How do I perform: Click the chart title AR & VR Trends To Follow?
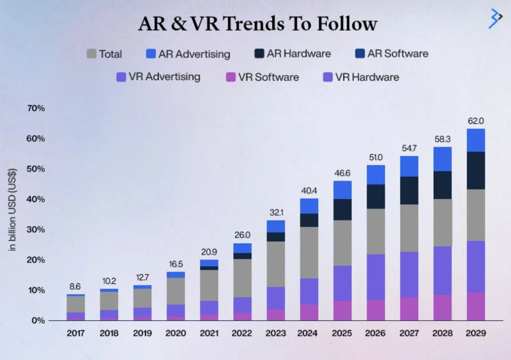[x=257, y=24]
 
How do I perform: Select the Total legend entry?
[x=104, y=54]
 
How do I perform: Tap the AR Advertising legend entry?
[x=188, y=54]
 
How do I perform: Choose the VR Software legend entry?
[x=262, y=77]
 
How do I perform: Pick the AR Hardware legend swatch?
[x=259, y=54]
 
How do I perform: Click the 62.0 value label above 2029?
[x=475, y=120]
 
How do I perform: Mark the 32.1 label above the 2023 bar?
[x=276, y=213]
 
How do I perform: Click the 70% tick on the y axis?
[x=35, y=108]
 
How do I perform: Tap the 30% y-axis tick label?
[x=35, y=229]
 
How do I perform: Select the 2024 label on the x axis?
[x=309, y=333]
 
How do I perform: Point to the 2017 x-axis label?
[x=76, y=333]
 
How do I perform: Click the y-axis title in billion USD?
[x=13, y=210]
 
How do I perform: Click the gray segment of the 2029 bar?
[x=475, y=215]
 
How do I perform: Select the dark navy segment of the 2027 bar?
[x=409, y=191]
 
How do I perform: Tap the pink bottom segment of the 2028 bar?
[x=442, y=307]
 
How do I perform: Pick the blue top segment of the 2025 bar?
[x=342, y=190]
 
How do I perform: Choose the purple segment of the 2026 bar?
[x=375, y=277]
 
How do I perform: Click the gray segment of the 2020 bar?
[x=175, y=291]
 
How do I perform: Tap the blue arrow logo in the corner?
[x=495, y=18]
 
